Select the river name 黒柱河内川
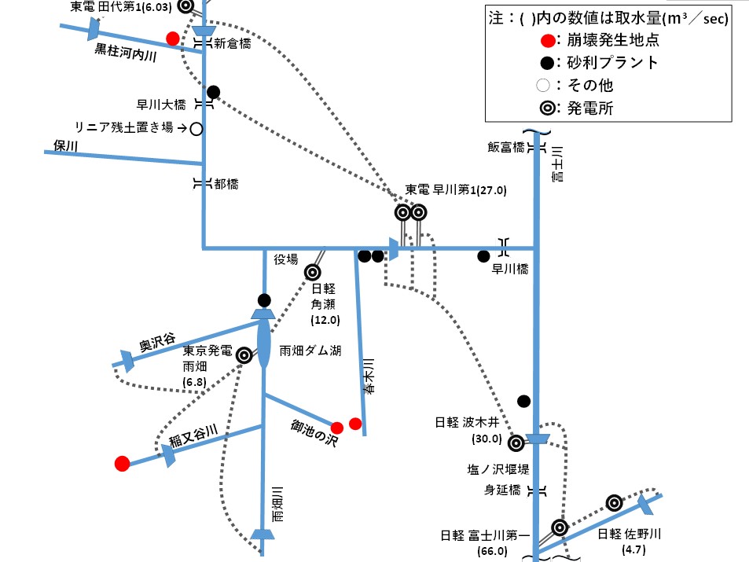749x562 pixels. click(127, 54)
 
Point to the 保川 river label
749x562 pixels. click(67, 145)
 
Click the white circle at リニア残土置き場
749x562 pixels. click(196, 127)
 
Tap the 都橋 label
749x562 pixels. click(226, 184)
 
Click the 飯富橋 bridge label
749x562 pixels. click(505, 147)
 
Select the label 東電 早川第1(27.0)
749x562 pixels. click(456, 190)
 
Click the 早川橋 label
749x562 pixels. click(509, 268)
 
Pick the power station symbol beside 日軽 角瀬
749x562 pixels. click(313, 273)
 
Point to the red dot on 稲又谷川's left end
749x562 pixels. click(122, 464)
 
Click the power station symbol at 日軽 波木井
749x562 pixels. click(516, 443)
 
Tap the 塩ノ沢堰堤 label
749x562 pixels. click(497, 469)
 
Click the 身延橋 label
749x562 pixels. click(503, 490)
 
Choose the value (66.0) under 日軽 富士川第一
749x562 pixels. click(494, 551)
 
